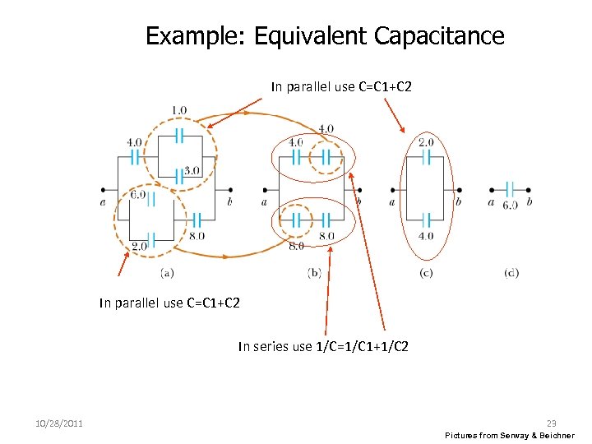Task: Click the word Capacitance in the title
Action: pyautogui.click(x=438, y=36)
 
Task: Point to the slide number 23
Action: pyautogui.click(x=551, y=423)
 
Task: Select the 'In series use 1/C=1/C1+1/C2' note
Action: pyautogui.click(x=323, y=347)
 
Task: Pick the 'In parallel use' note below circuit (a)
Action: pyautogui.click(x=169, y=303)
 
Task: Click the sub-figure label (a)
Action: pyautogui.click(x=167, y=273)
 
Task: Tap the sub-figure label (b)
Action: pyautogui.click(x=314, y=273)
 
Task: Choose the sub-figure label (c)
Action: pyautogui.click(x=426, y=273)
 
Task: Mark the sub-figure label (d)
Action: pyautogui.click(x=511, y=273)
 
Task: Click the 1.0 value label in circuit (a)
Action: pyautogui.click(x=178, y=110)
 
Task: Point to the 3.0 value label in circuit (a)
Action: pyautogui.click(x=192, y=171)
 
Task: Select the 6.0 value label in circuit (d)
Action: pyautogui.click(x=511, y=205)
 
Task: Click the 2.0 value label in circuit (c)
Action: pyautogui.click(x=426, y=142)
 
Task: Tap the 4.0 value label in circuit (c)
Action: pyautogui.click(x=426, y=236)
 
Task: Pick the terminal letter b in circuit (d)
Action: pyautogui.click(x=529, y=202)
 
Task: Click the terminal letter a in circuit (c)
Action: pyautogui.click(x=392, y=202)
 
